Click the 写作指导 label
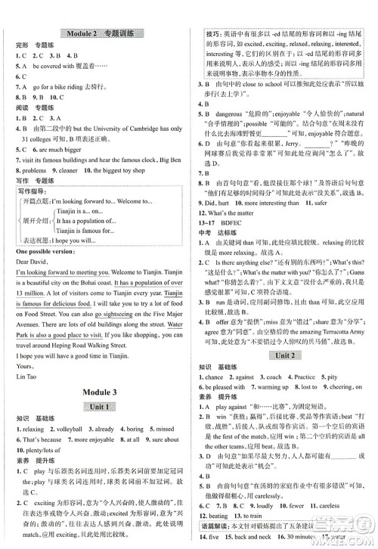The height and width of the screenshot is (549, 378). coord(35,192)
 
